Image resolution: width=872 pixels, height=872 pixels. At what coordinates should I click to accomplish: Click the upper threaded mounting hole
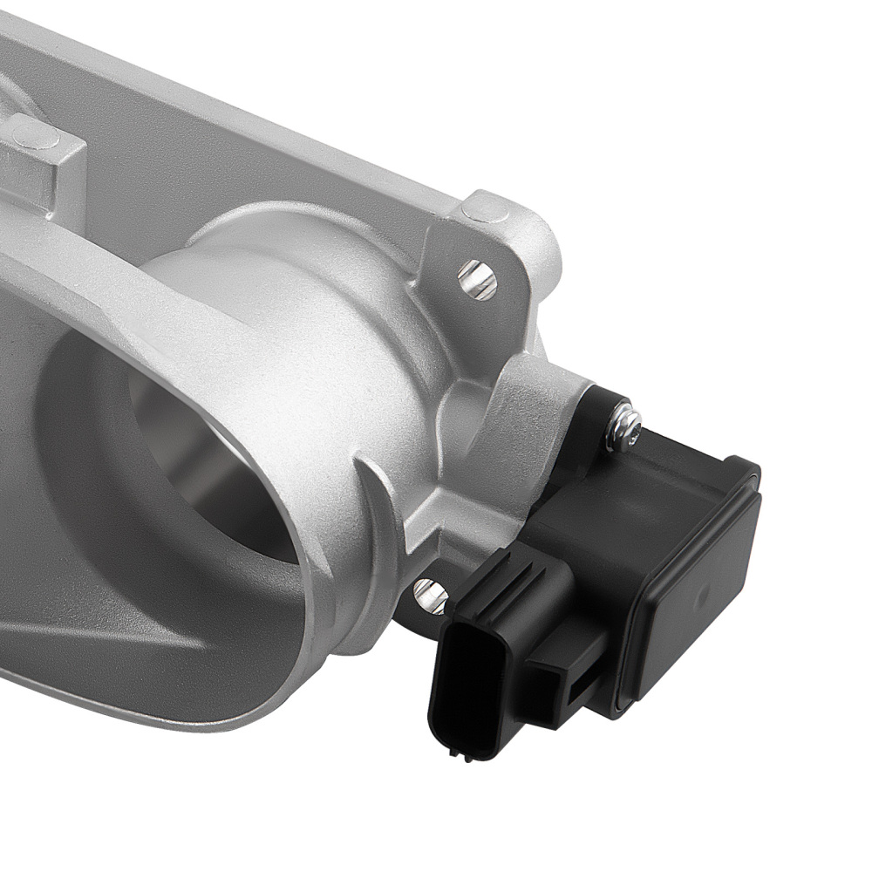477,279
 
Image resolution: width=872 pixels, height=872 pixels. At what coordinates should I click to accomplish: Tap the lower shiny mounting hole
430,595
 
